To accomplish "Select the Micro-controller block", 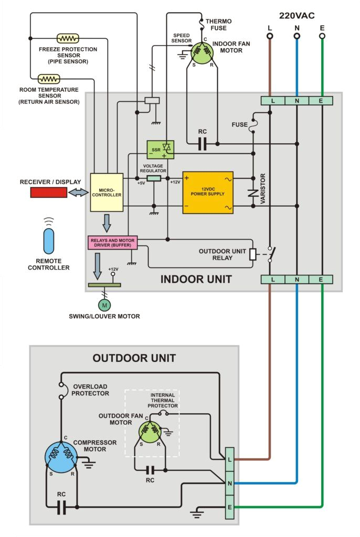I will click(x=107, y=192).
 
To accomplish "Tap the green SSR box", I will click(x=160, y=149).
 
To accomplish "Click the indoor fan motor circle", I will click(x=200, y=51).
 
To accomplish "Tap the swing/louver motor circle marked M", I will click(x=104, y=305).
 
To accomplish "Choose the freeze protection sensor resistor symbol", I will click(x=68, y=38).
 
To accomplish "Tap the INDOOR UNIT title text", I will click(x=196, y=279).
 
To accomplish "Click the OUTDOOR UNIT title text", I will click(x=134, y=358).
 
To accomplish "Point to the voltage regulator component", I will click(x=154, y=178).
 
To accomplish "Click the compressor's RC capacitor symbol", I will click(x=61, y=507).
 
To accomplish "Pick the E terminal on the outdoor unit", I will click(x=229, y=507).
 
